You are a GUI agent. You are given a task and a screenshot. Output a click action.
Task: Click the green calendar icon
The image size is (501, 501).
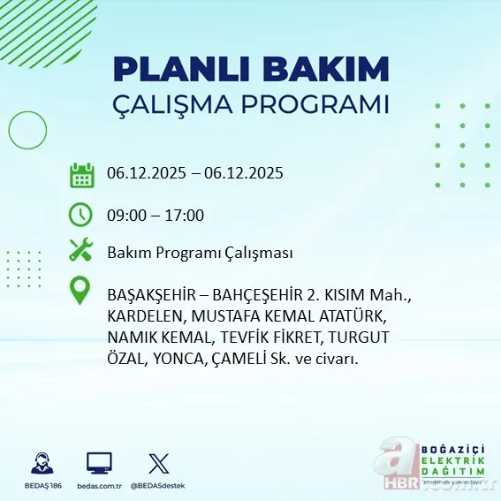coord(81,174)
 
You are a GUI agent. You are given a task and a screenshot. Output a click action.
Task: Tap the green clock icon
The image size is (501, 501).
coord(81,214)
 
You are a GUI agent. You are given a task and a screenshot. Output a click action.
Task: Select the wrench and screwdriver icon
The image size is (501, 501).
coord(81,251)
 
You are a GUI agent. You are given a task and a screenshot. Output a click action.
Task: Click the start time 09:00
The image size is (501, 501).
coord(125,215)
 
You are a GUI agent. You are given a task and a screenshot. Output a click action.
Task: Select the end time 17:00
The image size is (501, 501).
coord(186,215)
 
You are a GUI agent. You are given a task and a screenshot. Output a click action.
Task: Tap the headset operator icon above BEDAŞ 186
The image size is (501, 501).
coord(40,463)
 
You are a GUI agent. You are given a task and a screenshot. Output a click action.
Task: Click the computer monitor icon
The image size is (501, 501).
coord(99,463)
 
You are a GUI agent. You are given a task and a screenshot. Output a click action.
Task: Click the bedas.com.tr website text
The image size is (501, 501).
coord(99,486)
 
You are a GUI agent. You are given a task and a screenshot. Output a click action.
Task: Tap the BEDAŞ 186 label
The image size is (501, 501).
coord(40,486)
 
